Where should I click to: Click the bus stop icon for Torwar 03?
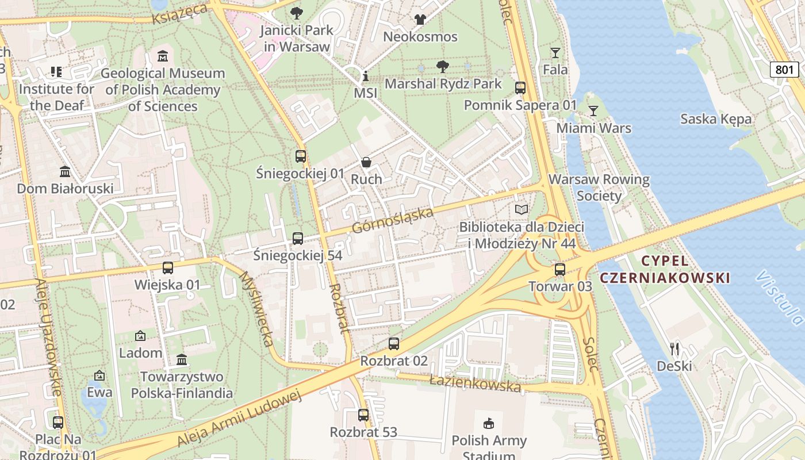[559, 269]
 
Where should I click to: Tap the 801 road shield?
[784, 70]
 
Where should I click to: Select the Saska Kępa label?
[715, 119]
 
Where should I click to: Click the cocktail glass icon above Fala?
[555, 53]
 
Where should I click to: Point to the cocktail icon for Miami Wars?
[593, 110]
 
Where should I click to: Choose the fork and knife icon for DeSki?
[675, 348]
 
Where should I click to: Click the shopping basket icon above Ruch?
[366, 163]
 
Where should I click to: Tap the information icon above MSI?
[365, 76]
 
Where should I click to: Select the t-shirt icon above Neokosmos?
[420, 20]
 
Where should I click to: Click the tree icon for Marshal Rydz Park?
[442, 67]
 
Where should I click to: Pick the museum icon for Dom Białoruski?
[65, 171]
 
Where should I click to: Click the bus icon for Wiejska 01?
[167, 267]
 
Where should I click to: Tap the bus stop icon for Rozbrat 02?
[393, 344]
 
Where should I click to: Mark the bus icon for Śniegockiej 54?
[297, 238]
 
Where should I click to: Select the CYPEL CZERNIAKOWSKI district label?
[665, 270]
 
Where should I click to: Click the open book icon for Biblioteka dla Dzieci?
[521, 210]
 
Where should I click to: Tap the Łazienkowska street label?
[475, 383]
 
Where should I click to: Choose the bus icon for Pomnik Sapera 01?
[520, 88]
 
